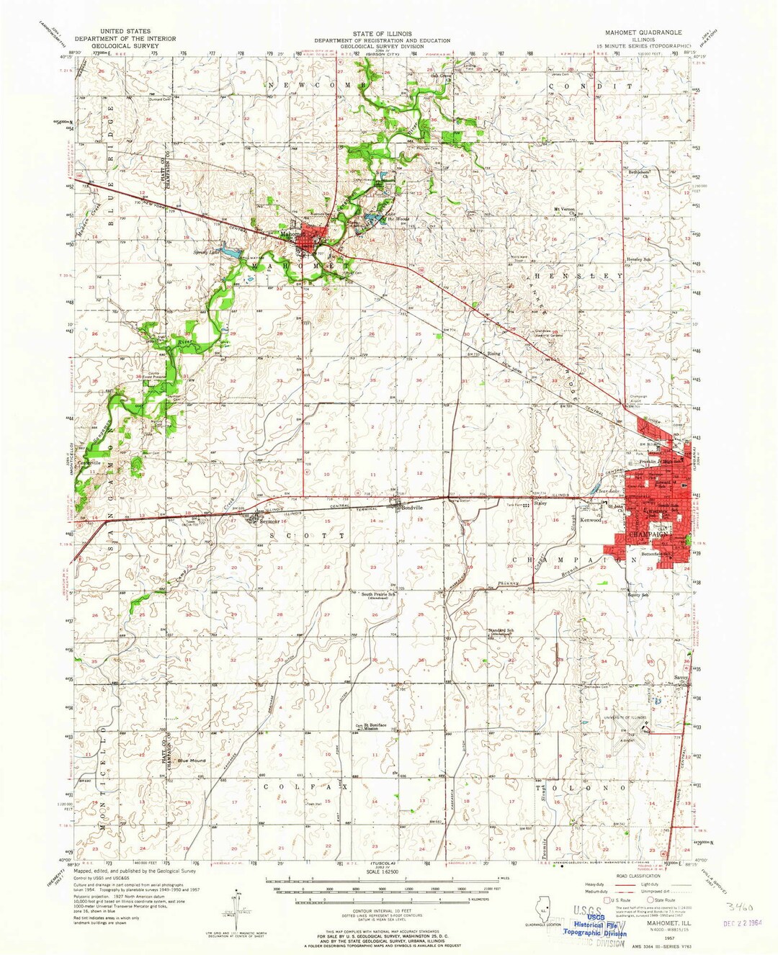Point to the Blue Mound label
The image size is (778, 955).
click(192, 761)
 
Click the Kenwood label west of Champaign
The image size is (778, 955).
click(591, 520)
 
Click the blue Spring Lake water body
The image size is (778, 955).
click(229, 253)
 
